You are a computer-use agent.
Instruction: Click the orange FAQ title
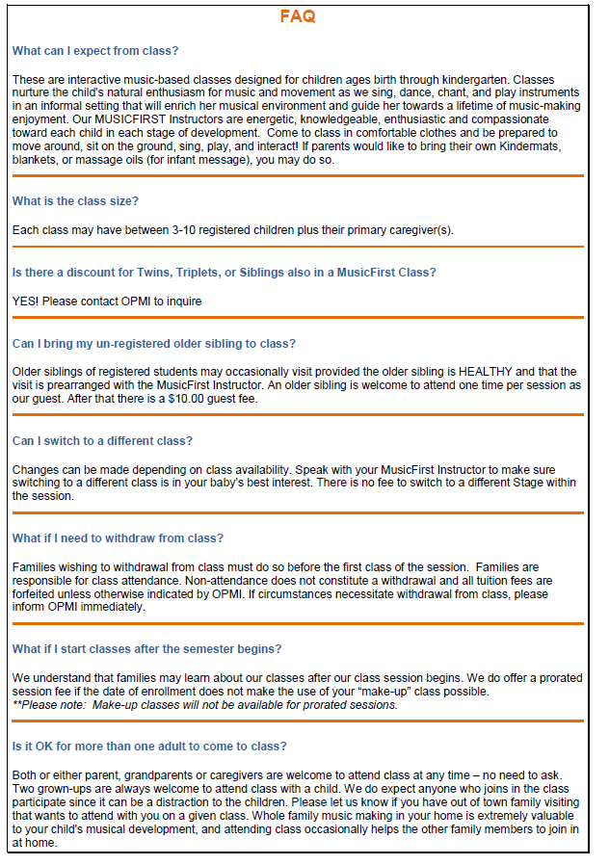(297, 16)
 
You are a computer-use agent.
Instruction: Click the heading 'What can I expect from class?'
(94, 50)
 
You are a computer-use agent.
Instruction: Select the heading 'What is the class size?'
(75, 200)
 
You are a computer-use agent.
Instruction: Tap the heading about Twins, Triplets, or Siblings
(224, 273)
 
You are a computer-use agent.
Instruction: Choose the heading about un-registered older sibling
(154, 343)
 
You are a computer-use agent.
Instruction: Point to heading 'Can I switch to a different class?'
(102, 440)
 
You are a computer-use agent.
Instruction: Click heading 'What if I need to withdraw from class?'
(118, 537)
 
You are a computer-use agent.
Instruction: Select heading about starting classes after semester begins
(146, 648)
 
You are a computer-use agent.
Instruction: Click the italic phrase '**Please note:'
(47, 705)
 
